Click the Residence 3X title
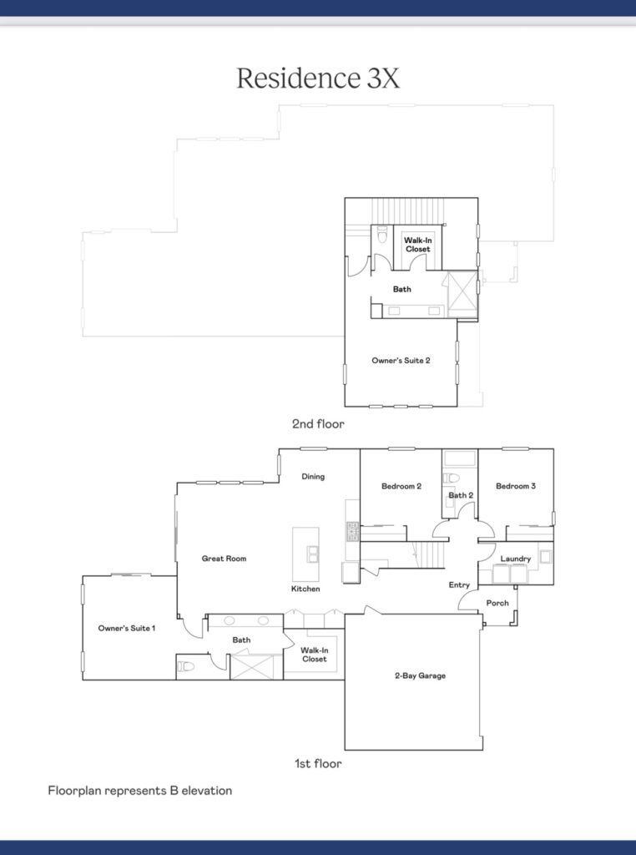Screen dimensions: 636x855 point(318,78)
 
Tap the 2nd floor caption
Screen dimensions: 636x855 point(318,423)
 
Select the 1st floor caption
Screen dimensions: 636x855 point(318,763)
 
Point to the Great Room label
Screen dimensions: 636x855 point(224,559)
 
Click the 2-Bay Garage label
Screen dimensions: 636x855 point(420,675)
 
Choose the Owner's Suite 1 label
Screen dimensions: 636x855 point(126,628)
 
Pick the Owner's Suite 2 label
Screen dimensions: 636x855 point(401,361)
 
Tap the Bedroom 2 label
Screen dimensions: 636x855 point(401,486)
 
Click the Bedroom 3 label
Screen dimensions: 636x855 point(516,486)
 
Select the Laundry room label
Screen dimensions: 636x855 point(516,559)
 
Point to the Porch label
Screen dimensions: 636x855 point(497,603)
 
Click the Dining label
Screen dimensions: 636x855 point(313,477)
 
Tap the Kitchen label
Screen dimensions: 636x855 point(305,589)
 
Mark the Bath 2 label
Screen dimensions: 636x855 point(461,495)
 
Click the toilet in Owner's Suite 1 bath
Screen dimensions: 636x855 point(186,666)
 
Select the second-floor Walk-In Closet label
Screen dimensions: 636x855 point(418,245)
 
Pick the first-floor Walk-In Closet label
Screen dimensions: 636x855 point(315,655)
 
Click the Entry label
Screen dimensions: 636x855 point(459,584)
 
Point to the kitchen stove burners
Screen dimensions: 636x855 point(352,531)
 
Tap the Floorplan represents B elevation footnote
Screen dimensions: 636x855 point(140,791)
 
